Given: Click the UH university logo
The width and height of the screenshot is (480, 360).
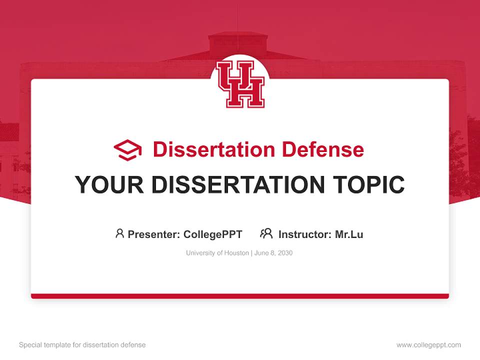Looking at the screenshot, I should coord(240,83).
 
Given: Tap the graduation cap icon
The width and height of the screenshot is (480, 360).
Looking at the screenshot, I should coord(127,150).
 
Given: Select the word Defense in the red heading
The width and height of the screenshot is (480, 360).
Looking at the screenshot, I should coord(322,149).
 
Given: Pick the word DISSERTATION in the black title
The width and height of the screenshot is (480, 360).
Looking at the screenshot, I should coord(238,185).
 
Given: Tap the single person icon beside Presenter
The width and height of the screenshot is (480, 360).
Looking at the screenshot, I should coord(119,233).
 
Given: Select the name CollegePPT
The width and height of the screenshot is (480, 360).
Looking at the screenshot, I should coord(213,234).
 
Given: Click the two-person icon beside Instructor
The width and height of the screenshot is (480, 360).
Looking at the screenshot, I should coord(266,233).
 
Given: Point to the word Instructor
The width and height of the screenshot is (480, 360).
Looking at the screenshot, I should coord(304,234).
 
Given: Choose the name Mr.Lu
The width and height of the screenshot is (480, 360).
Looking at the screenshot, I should coord(349,234).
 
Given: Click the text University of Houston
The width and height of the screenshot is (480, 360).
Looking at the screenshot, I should coord(217,253).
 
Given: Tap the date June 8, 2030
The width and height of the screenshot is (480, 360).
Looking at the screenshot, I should coord(273,253).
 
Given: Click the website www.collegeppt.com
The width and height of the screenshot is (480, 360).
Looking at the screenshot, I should coord(428,345).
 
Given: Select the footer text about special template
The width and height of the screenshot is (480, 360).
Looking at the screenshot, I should coord(82,345).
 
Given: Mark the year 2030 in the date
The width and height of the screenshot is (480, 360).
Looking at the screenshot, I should coord(284,253).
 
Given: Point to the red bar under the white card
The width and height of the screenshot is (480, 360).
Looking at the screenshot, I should coord(240,296).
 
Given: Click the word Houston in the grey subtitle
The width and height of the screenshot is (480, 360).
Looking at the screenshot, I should coord(236,253).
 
